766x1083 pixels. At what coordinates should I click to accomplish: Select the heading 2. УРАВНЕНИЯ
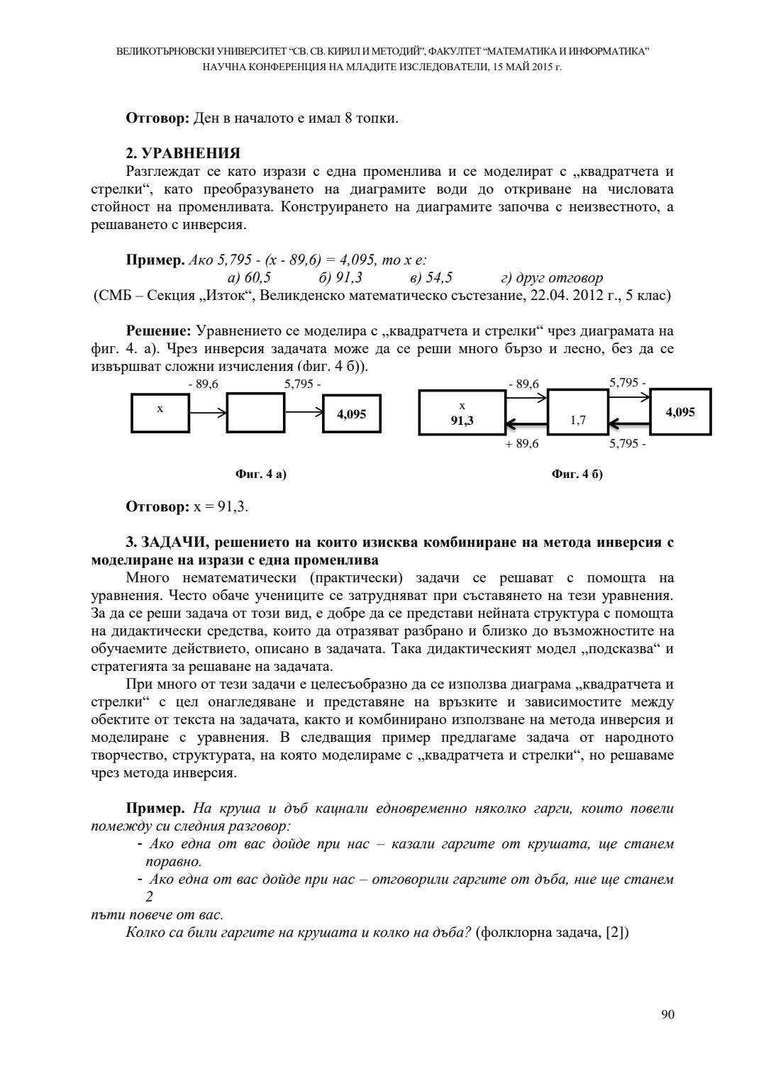(x=183, y=153)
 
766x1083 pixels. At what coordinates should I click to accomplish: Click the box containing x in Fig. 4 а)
(x=160, y=412)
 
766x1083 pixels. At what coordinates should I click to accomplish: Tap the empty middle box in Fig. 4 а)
(x=255, y=412)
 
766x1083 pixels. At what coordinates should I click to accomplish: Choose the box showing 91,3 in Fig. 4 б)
(x=462, y=413)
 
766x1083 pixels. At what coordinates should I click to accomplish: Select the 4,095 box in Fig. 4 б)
(x=680, y=411)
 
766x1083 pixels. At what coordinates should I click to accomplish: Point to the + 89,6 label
(x=523, y=444)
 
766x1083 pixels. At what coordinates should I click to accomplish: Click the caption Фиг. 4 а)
(x=260, y=474)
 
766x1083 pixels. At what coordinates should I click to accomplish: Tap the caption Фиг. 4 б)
(x=577, y=474)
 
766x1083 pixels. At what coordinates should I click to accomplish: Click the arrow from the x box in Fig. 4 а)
(x=207, y=412)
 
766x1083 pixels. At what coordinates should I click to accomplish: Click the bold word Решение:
(x=159, y=331)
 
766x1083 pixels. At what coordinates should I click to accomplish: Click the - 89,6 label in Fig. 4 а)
(x=203, y=384)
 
